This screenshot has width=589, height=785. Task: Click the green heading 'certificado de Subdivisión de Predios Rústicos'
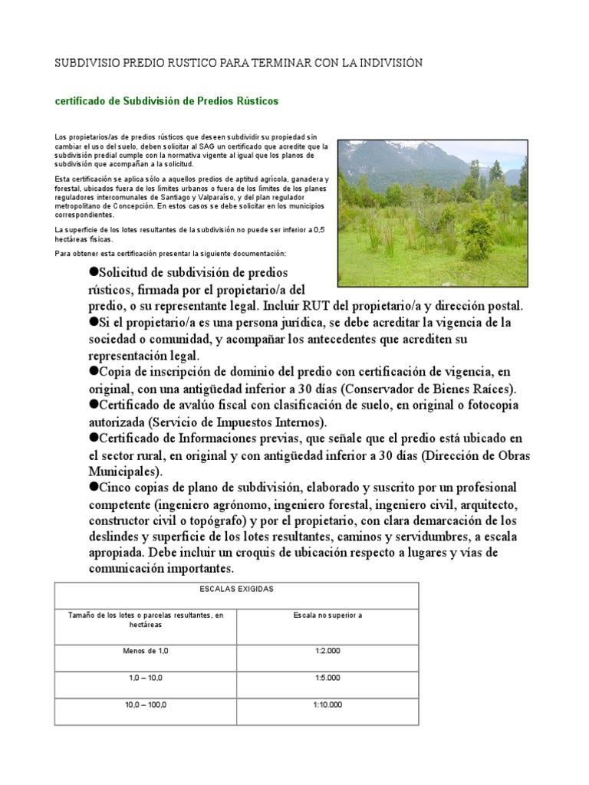coord(166,101)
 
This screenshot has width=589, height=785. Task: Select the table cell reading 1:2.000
coord(327,650)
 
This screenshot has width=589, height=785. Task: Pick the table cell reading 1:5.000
coord(327,678)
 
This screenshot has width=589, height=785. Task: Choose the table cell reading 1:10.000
coord(327,705)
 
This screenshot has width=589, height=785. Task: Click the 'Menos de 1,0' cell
coord(145,650)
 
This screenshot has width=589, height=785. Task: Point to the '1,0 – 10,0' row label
coord(145,678)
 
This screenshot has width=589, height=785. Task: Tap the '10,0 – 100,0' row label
coord(145,705)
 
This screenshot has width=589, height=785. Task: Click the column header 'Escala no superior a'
coord(327,616)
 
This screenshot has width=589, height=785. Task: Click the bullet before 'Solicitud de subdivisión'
coord(96,273)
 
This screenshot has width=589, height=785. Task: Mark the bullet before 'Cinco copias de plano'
coord(96,487)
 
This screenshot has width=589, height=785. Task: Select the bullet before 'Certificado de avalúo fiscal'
coord(96,403)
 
